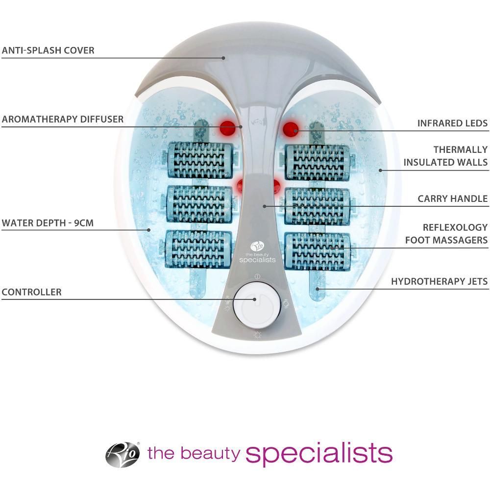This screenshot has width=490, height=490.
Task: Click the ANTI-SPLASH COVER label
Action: [x=48, y=50]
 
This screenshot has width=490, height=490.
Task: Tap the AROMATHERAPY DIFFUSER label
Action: [x=62, y=119]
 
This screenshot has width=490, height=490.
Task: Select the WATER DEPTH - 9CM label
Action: [x=48, y=223]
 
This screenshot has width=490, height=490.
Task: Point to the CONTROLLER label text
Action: [x=31, y=293]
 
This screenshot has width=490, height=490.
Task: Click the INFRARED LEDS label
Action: [x=452, y=123]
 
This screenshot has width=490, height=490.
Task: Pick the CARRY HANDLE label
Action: [x=452, y=199]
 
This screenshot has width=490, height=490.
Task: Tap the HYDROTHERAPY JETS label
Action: [x=439, y=282]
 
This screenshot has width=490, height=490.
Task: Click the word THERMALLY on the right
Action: [x=460, y=150]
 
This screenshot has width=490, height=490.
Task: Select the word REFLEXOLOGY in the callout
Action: [x=455, y=228]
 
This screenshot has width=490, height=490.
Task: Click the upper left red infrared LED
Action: [x=227, y=128]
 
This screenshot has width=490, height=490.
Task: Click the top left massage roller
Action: [x=199, y=160]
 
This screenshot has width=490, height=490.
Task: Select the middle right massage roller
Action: [x=318, y=206]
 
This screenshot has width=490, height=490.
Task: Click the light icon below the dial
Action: [x=257, y=335]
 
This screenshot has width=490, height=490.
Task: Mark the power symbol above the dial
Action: [x=257, y=277]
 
